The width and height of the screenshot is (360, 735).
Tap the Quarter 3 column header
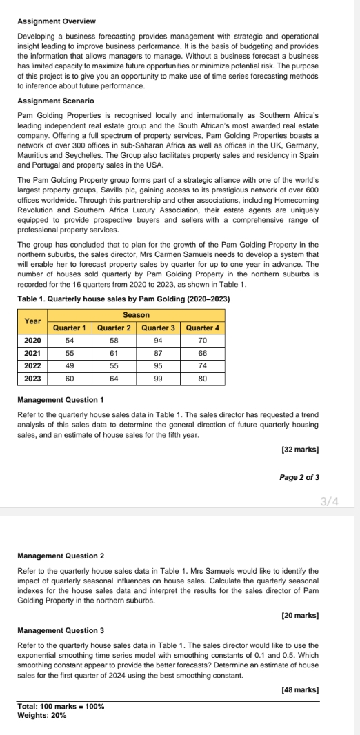159,328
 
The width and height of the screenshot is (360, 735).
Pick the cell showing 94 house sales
159,341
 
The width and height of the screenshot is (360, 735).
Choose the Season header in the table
137,315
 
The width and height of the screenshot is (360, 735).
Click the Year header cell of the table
33,321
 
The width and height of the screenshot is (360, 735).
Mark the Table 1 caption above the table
123,299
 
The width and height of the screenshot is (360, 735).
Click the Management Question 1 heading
61,400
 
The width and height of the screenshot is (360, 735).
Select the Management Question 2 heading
61,555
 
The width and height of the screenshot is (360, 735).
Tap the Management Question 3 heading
61,630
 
